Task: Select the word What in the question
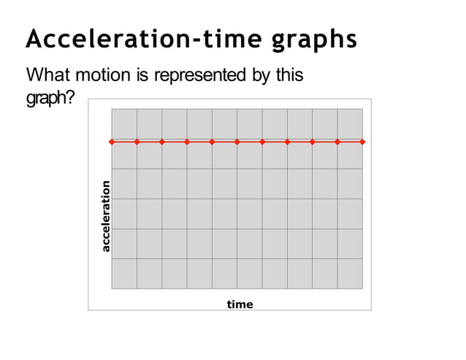50,75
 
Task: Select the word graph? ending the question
49,97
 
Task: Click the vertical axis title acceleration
106,216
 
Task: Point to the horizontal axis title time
240,304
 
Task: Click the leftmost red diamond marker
112,142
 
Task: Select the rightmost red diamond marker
362,142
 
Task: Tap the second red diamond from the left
137,142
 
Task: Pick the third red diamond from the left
162,142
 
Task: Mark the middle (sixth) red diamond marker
237,142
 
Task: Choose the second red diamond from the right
337,142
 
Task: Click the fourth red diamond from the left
187,142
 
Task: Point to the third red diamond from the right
312,142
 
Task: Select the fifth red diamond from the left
212,142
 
